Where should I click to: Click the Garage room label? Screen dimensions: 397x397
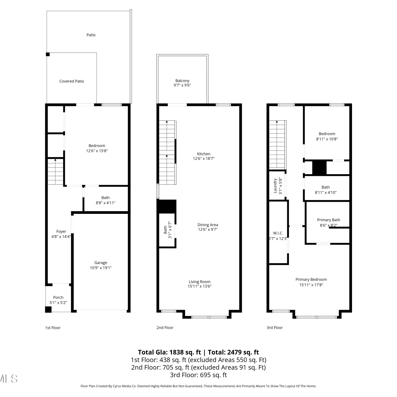click(x=101, y=263)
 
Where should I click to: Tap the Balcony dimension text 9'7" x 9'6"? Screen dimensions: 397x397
click(x=182, y=85)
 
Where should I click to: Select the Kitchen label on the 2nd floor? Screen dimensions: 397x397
click(x=204, y=154)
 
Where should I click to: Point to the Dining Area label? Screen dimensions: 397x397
click(x=208, y=225)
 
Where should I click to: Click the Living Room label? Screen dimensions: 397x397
click(x=200, y=282)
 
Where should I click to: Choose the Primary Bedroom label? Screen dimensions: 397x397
click(x=311, y=279)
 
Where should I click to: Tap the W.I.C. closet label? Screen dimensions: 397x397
click(x=278, y=233)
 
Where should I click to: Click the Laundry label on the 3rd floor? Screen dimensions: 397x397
click(x=275, y=186)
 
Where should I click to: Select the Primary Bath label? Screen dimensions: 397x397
click(x=328, y=220)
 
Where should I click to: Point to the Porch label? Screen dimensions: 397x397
click(x=58, y=297)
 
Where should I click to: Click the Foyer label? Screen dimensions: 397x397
click(x=61, y=232)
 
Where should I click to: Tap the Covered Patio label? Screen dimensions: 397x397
click(x=71, y=81)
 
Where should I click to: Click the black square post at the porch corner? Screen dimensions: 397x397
click(x=48, y=309)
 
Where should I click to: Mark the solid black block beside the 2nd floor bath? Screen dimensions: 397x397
click(x=167, y=206)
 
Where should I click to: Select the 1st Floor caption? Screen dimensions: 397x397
click(x=53, y=328)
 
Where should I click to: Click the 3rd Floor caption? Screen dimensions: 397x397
click(x=275, y=328)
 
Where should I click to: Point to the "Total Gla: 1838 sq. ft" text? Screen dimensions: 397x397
click(x=169, y=352)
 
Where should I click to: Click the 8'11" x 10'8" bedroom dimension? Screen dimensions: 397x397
click(x=327, y=139)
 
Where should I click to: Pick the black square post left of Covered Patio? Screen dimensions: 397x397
click(x=48, y=54)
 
